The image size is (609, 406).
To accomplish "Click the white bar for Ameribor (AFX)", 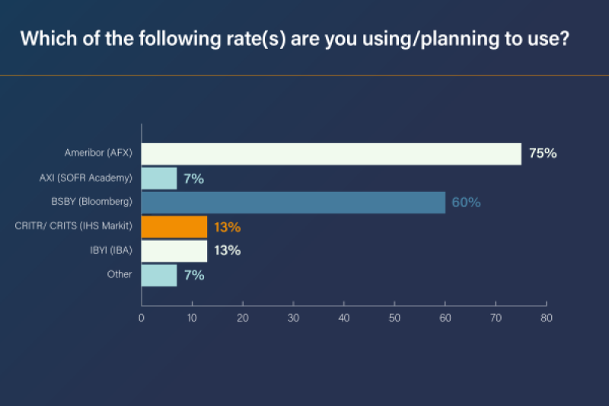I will (x=331, y=153).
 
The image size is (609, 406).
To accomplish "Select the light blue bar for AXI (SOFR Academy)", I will (x=159, y=178).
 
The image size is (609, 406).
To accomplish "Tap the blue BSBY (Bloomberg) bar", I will (x=293, y=203).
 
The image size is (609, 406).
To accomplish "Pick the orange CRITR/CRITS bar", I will (x=174, y=227).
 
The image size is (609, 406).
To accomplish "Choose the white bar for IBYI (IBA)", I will (x=174, y=251).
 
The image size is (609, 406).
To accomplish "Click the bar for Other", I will (x=159, y=275).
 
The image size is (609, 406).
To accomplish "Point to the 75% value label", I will (x=543, y=153).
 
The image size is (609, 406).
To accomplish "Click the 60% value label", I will (x=466, y=203).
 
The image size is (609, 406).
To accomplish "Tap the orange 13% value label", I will (x=227, y=227).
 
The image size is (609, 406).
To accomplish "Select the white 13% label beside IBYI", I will (x=227, y=251).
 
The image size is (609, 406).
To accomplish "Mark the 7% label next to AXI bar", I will (x=193, y=178).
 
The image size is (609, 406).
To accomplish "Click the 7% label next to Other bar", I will (x=193, y=275).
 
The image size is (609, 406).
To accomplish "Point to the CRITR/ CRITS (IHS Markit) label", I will (x=74, y=226).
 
